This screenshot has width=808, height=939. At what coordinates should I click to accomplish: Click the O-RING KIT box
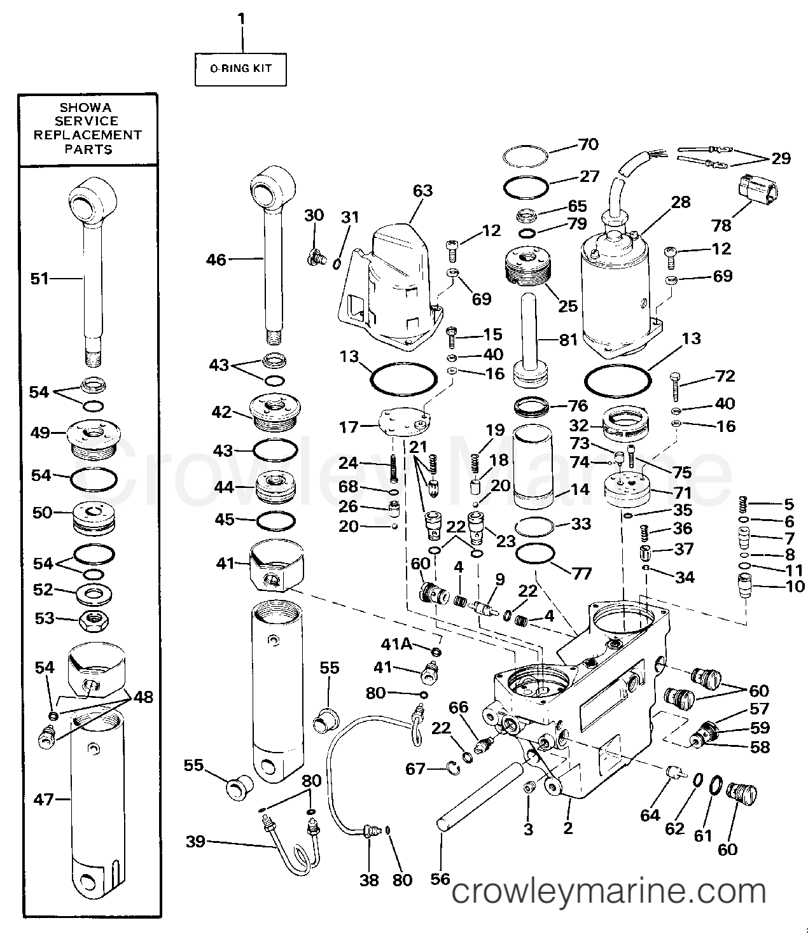pos(240,69)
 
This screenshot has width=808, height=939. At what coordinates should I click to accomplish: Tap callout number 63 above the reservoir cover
pos(422,191)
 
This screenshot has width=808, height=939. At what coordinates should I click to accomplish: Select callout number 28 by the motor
pos(680,202)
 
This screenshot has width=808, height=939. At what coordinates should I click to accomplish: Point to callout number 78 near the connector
pos(721,225)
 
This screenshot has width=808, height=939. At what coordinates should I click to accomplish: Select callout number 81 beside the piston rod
pos(569,340)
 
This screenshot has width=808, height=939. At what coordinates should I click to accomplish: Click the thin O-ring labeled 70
pos(526,156)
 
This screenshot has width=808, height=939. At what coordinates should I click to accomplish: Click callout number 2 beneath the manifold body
pos(568,827)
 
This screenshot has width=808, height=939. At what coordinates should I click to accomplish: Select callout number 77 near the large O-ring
pos(581,574)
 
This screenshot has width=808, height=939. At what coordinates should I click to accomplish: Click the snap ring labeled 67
pos(454,769)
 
